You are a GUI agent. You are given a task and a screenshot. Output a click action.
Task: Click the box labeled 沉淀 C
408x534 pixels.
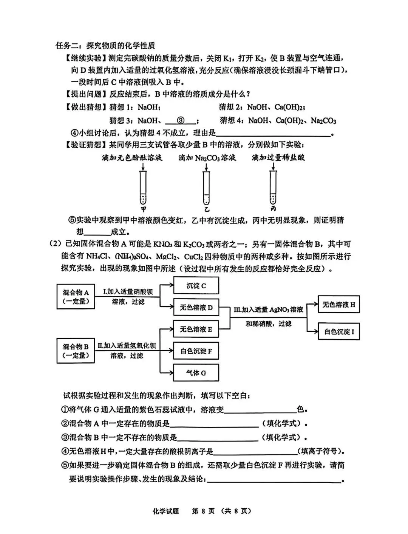(x=196, y=286)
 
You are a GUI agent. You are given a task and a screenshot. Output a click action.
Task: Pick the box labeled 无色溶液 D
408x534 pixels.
(x=196, y=308)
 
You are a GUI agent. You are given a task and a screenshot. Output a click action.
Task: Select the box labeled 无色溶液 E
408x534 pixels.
(x=196, y=329)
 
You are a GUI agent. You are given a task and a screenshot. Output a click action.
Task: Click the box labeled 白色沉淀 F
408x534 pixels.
(x=196, y=351)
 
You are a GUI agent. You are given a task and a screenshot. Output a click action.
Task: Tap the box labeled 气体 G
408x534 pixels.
(x=196, y=373)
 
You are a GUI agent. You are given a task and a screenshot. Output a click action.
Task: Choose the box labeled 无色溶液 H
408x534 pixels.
(x=338, y=305)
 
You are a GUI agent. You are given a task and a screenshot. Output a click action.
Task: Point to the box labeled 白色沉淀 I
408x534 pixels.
(x=338, y=332)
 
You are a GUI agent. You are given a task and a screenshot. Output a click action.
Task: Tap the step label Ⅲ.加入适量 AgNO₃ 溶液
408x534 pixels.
(x=268, y=309)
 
